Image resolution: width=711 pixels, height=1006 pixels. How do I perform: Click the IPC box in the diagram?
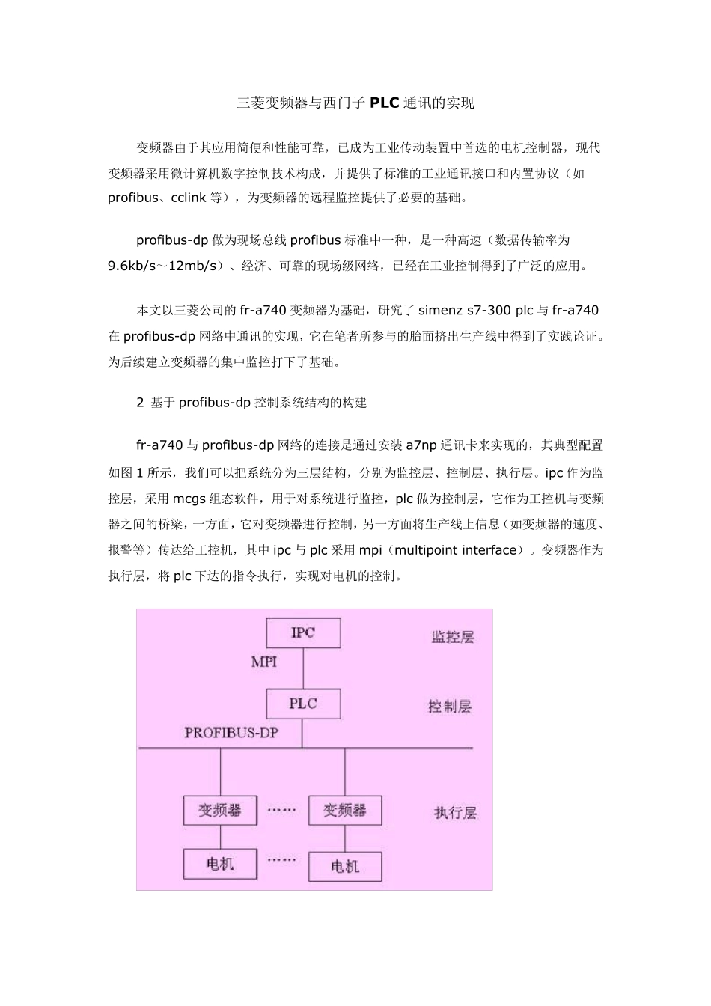(303, 632)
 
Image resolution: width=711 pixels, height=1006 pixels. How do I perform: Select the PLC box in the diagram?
(303, 704)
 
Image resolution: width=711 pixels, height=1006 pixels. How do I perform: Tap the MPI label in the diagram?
(263, 662)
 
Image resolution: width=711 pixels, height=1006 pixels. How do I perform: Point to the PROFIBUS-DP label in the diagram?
(231, 733)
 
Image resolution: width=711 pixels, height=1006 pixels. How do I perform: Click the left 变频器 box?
(220, 810)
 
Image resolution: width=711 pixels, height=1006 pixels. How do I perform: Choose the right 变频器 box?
(345, 810)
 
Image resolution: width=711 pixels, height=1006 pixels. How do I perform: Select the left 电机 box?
(220, 864)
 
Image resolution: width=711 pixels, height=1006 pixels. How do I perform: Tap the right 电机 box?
(345, 867)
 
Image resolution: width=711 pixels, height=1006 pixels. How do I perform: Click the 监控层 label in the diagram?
(453, 637)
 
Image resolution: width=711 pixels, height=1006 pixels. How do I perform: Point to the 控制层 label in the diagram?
(450, 706)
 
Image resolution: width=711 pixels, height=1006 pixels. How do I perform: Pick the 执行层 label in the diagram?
(455, 812)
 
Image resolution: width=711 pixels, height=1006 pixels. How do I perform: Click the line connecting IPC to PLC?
(303, 668)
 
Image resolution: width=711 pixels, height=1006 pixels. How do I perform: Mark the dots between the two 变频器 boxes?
(281, 810)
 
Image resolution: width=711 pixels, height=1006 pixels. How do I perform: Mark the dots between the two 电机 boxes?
(281, 860)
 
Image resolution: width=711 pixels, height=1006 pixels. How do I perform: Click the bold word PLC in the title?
(385, 103)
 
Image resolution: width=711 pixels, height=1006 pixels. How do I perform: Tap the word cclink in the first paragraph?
(190, 198)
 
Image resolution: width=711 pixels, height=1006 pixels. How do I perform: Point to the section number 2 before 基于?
(140, 403)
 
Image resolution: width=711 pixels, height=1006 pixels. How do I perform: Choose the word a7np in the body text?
(422, 445)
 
